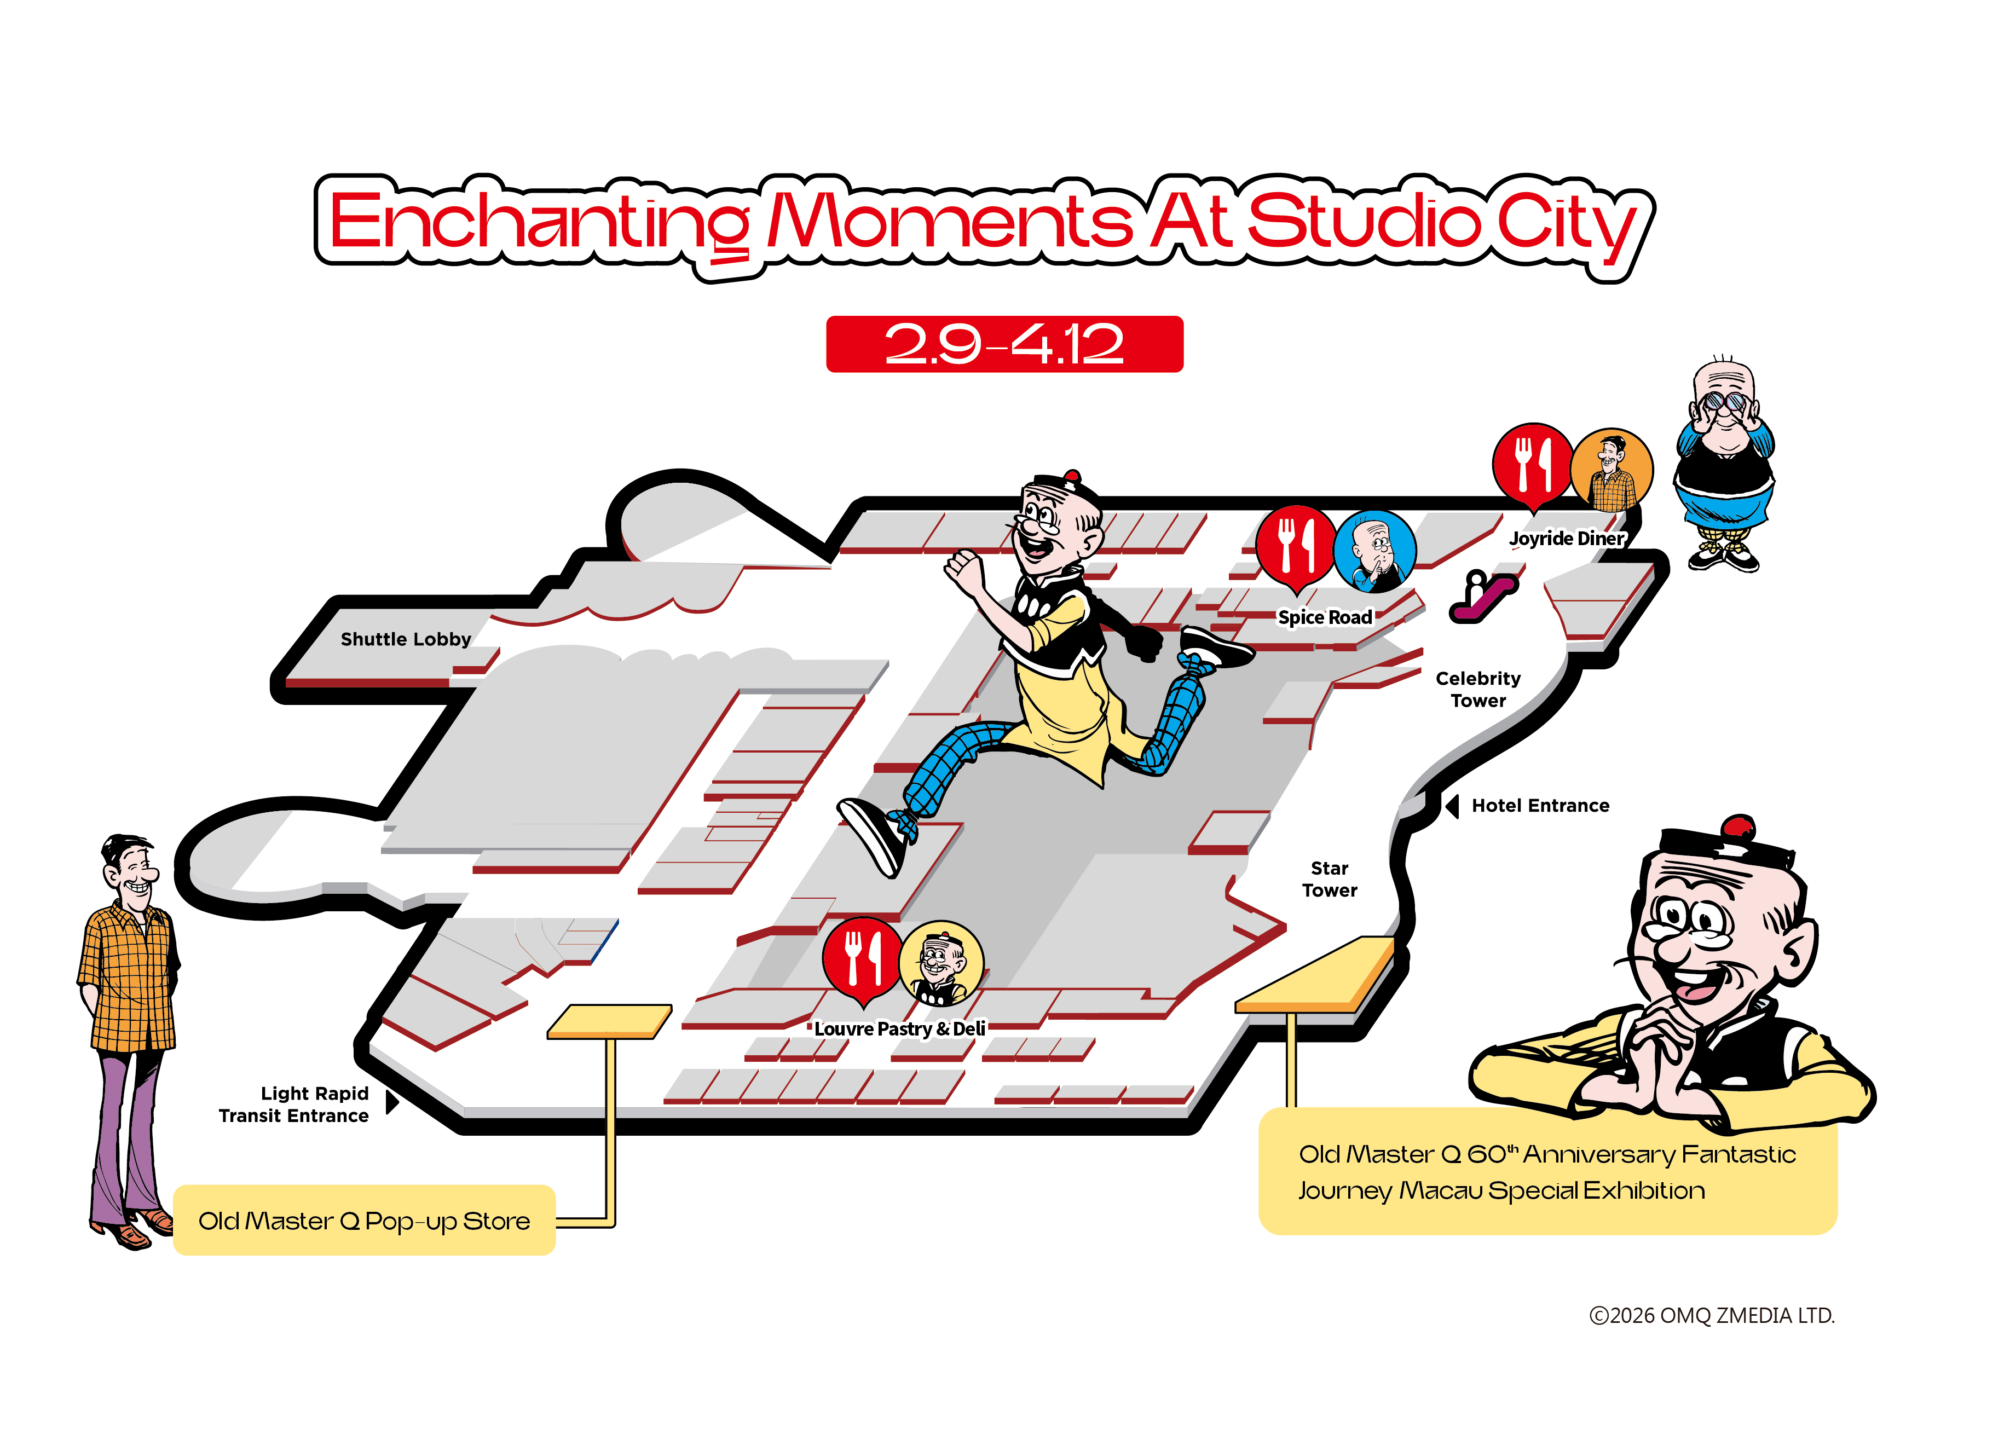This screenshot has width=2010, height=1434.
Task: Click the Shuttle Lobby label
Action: (406, 639)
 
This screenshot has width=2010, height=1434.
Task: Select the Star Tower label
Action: (1329, 880)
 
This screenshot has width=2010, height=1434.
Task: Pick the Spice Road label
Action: (1325, 617)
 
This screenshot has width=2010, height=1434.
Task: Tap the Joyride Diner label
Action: (1566, 539)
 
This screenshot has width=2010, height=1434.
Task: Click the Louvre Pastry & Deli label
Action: (899, 1028)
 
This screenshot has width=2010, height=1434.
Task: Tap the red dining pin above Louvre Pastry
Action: (862, 958)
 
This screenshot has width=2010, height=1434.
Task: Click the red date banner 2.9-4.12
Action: (1004, 344)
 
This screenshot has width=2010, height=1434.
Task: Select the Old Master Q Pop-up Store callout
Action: (364, 1221)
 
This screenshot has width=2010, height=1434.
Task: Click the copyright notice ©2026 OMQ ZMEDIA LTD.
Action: (1711, 1316)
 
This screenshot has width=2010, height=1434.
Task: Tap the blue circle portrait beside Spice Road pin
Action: (1374, 552)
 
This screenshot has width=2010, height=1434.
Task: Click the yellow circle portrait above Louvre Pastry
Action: (940, 963)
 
